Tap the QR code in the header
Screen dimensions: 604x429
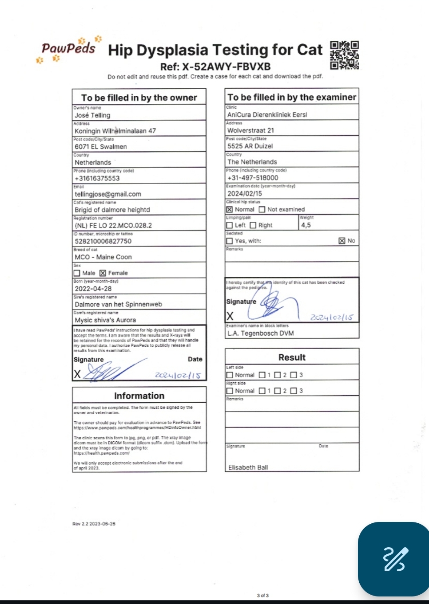click(344, 55)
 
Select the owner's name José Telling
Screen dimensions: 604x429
click(92, 115)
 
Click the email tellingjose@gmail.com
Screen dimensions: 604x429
click(108, 194)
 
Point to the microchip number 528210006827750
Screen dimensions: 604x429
click(103, 241)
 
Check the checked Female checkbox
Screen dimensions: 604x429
click(103, 273)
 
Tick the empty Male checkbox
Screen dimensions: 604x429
click(77, 273)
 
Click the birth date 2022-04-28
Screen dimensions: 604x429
click(93, 289)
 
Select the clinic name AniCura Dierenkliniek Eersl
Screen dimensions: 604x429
click(267, 115)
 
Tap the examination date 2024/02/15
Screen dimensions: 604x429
click(245, 193)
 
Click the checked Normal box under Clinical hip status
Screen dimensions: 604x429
click(230, 209)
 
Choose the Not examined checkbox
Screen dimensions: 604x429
click(262, 209)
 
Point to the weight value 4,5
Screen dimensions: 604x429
click(306, 225)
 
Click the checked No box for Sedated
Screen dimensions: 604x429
click(342, 241)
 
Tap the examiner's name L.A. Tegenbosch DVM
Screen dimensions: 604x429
click(261, 333)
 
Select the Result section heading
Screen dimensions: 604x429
click(292, 357)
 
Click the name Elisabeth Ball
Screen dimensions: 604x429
click(248, 467)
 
